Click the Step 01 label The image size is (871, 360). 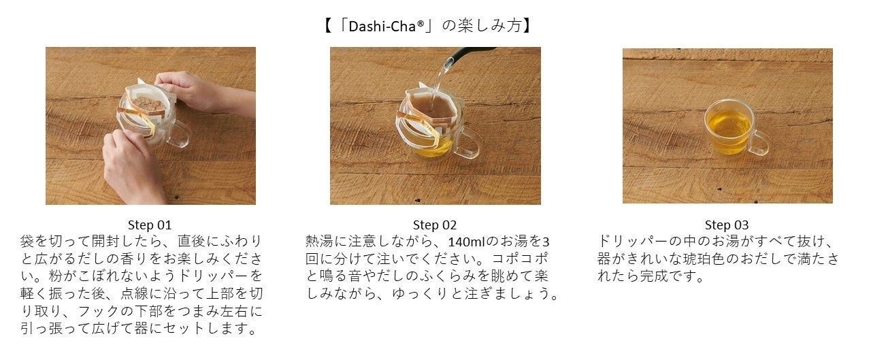(x=150, y=225)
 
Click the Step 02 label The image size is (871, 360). (x=435, y=225)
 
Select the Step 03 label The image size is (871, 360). (x=727, y=225)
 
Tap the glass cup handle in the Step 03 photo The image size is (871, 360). (x=761, y=144)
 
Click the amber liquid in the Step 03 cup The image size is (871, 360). (x=728, y=129)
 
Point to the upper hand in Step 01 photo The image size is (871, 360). (x=202, y=93)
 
